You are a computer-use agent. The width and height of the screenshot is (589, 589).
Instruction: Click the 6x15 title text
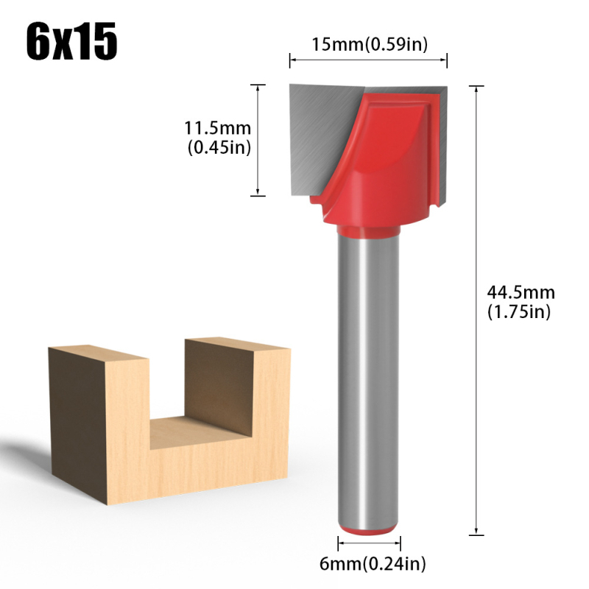click(x=71, y=43)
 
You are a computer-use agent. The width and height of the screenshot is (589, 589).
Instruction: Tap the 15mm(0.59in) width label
click(x=369, y=44)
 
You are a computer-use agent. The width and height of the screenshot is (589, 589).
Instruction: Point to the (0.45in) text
click(x=219, y=147)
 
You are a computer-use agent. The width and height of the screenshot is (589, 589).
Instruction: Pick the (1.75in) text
click(x=518, y=311)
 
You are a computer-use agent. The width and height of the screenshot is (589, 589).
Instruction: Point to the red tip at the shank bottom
click(x=369, y=529)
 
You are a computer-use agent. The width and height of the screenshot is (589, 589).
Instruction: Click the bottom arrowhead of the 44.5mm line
click(x=479, y=531)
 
